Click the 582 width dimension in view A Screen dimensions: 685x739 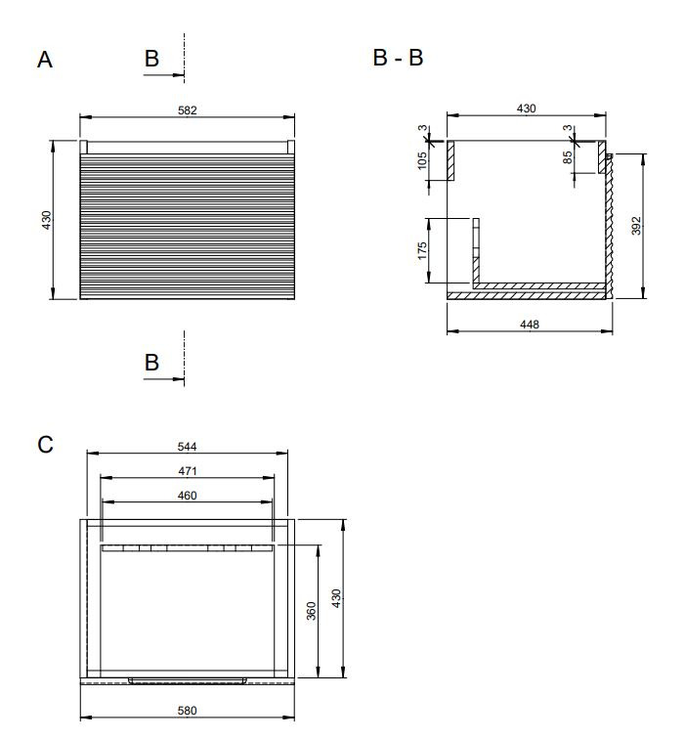pyautogui.click(x=187, y=110)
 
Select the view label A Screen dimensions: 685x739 pyautogui.click(x=45, y=60)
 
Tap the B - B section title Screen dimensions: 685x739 pyautogui.click(x=398, y=58)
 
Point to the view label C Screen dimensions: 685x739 pyautogui.click(x=45, y=445)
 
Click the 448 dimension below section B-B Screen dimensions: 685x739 pyautogui.click(x=530, y=325)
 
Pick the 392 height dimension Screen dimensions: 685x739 pyautogui.click(x=636, y=226)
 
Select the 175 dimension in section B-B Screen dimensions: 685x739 pyautogui.click(x=422, y=250)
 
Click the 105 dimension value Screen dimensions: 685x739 pyautogui.click(x=422, y=160)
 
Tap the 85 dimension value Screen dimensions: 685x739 pyautogui.click(x=568, y=157)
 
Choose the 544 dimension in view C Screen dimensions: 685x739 pyautogui.click(x=187, y=447)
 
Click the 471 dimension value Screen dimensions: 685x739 pyautogui.click(x=187, y=471)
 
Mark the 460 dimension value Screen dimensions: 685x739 pyautogui.click(x=187, y=496)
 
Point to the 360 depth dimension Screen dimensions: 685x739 pyautogui.click(x=311, y=611)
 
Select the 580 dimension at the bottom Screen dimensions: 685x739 pyautogui.click(x=187, y=711)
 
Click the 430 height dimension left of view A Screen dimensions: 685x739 pyautogui.click(x=46, y=220)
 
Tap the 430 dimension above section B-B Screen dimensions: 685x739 pyautogui.click(x=527, y=109)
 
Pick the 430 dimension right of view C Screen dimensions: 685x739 pyautogui.click(x=336, y=598)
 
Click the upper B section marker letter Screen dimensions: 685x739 pyautogui.click(x=151, y=59)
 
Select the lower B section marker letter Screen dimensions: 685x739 pyautogui.click(x=151, y=363)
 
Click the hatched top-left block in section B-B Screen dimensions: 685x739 pyautogui.click(x=450, y=160)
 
